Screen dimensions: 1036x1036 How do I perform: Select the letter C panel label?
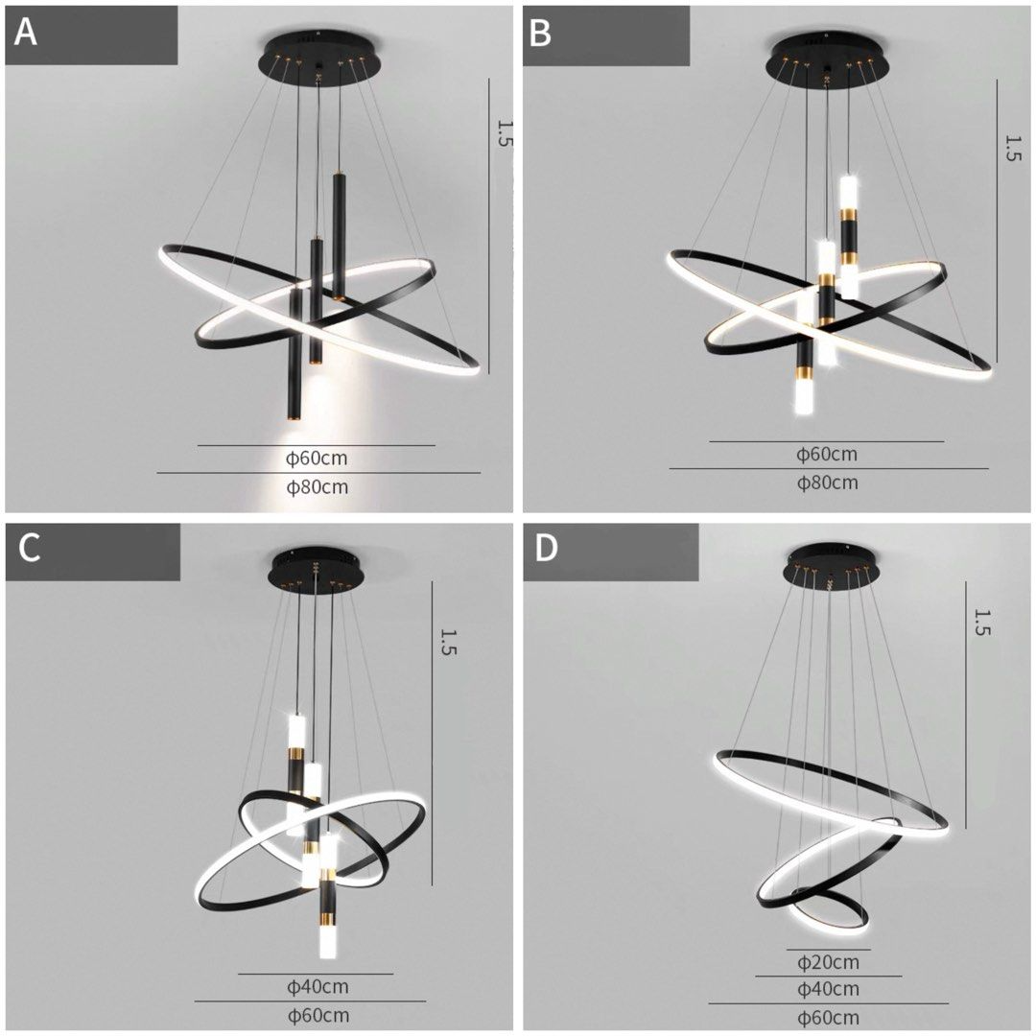pyautogui.click(x=29, y=551)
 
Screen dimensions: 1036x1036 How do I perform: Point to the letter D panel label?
pyautogui.click(x=546, y=550)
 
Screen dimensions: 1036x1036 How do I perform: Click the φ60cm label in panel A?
pyautogui.click(x=317, y=459)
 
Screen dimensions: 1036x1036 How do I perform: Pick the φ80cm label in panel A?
pyautogui.click(x=318, y=487)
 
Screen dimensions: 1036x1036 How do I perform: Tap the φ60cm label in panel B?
pyautogui.click(x=827, y=455)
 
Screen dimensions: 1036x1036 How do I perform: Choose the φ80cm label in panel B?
pyautogui.click(x=828, y=483)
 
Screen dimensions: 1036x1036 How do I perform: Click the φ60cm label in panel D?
pyautogui.click(x=828, y=1018)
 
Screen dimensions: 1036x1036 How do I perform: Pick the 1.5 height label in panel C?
pyautogui.click(x=449, y=642)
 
